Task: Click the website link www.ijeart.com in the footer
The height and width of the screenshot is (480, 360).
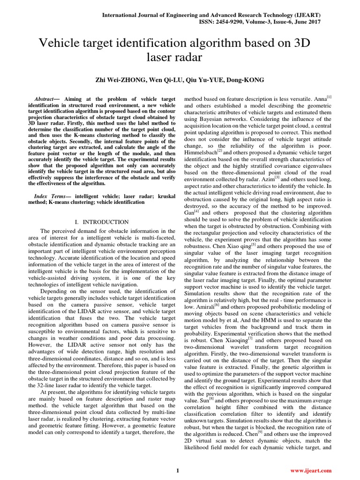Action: (311, 470)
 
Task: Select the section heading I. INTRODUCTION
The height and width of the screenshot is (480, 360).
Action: (102, 222)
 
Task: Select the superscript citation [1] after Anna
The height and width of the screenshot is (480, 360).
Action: (330, 97)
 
